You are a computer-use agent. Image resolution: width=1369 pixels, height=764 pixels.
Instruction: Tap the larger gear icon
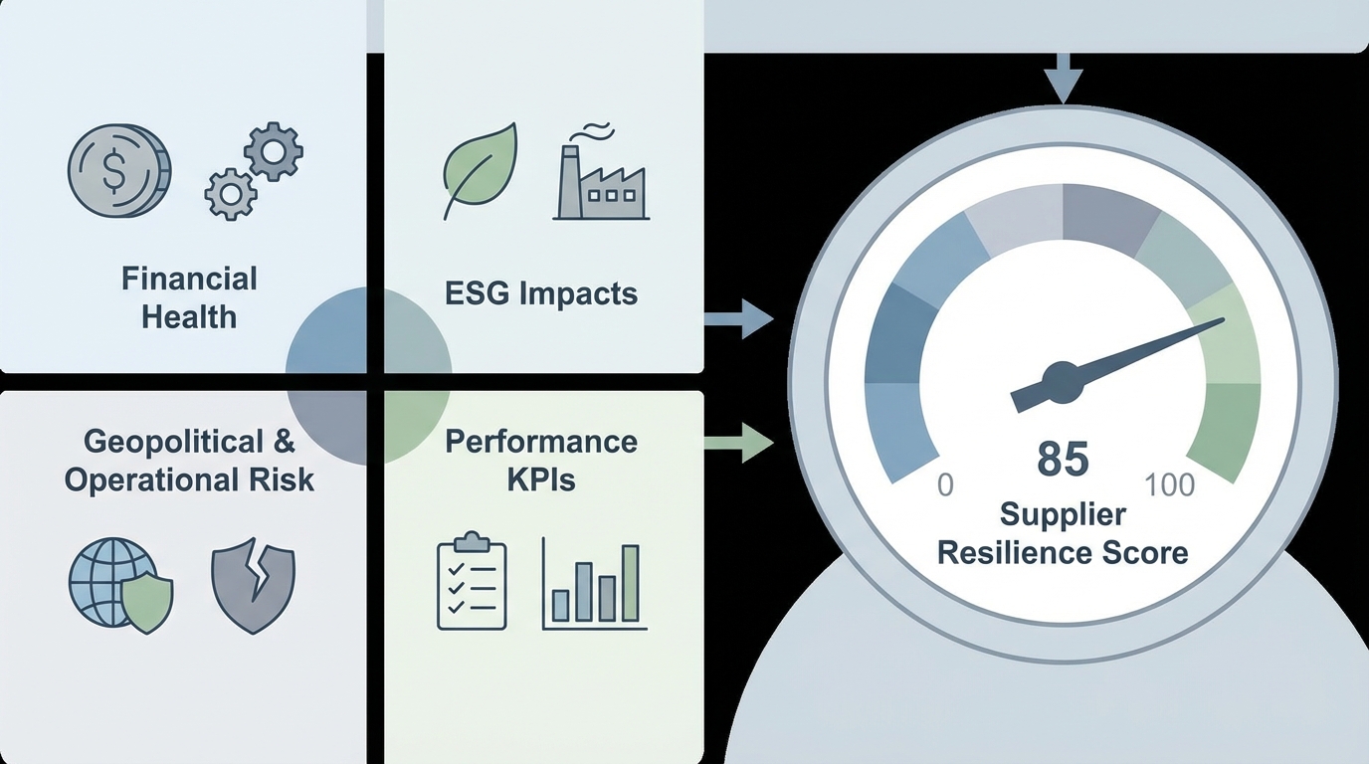click(x=273, y=150)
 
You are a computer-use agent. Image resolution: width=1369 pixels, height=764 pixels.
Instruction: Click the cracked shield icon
click(x=253, y=587)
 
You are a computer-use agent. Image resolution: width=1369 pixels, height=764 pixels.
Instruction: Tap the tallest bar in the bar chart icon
click(x=629, y=583)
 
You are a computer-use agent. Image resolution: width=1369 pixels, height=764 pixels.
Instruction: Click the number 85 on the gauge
click(x=1063, y=459)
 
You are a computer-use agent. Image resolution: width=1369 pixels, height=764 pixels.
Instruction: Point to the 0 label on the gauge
click(x=945, y=484)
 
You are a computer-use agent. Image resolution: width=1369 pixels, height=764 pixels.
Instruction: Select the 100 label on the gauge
click(x=1169, y=484)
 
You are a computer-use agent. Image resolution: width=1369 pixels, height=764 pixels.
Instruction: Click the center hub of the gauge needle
click(x=1062, y=383)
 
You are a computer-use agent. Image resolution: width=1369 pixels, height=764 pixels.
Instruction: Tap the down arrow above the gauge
click(x=1064, y=80)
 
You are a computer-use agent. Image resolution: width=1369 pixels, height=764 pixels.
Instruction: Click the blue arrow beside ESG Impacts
click(x=738, y=319)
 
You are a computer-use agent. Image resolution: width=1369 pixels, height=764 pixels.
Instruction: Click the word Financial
click(x=189, y=279)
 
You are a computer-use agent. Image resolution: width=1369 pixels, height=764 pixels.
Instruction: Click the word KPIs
click(x=540, y=479)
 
